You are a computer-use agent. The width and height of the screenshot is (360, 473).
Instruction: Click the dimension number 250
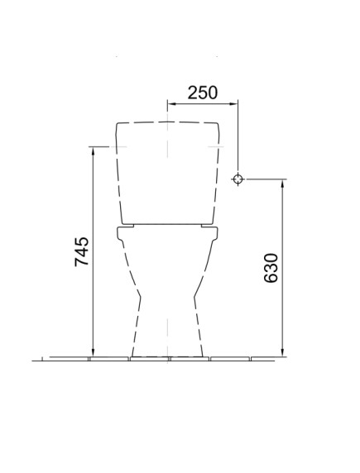point(203,93)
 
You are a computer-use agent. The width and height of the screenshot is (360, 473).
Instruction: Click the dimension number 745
point(82,251)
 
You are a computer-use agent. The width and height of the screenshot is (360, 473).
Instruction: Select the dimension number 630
point(271,268)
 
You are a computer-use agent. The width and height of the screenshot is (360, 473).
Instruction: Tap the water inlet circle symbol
point(238,179)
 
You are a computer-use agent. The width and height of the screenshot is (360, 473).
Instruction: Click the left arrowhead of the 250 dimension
point(171,103)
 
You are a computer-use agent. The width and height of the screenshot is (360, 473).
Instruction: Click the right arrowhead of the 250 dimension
point(234,103)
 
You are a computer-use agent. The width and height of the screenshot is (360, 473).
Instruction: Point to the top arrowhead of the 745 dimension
point(93,151)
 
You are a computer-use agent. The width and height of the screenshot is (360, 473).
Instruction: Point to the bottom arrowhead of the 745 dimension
point(93,352)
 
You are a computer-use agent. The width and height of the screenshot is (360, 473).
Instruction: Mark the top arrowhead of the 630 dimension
point(283,184)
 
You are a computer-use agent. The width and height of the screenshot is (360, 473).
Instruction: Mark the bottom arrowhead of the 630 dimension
point(283,352)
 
